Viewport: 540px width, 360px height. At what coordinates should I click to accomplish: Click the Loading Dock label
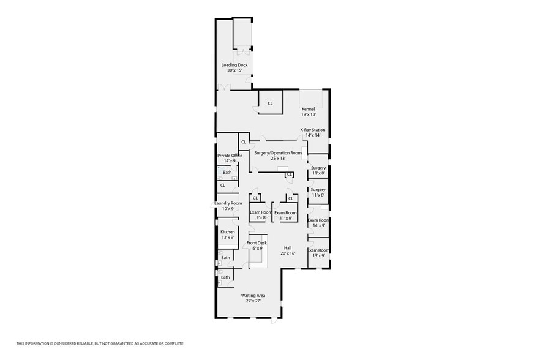click(234, 65)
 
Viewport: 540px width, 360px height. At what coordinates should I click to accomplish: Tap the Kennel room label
click(308, 109)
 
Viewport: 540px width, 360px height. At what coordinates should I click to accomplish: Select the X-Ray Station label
click(313, 130)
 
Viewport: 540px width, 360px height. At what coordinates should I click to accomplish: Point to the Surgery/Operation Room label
click(278, 153)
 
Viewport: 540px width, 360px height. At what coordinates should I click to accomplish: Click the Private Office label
click(230, 156)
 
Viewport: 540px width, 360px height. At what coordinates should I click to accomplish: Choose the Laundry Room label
click(228, 203)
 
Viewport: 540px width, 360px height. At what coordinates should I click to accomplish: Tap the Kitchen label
click(228, 232)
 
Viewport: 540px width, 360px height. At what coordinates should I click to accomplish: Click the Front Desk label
click(257, 243)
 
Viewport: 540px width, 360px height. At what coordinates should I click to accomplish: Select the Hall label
click(288, 248)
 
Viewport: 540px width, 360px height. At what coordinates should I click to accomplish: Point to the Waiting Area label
click(253, 295)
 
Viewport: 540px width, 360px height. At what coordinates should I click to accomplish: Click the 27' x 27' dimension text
click(253, 301)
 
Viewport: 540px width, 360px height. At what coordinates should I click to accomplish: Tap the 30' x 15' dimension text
click(235, 70)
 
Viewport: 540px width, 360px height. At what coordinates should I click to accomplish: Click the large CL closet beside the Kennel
click(271, 103)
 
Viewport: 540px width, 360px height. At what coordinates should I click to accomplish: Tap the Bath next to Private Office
click(227, 172)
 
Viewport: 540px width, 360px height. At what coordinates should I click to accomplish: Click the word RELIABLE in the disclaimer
click(84, 343)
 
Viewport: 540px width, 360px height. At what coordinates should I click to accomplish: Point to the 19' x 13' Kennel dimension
click(309, 114)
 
